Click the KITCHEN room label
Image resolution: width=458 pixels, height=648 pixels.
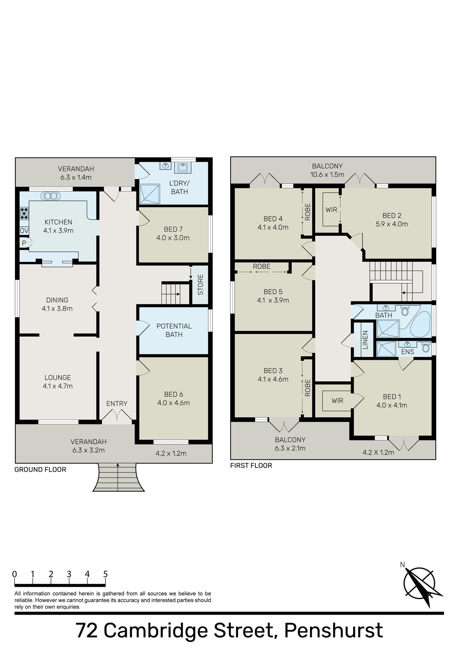[x=58, y=222]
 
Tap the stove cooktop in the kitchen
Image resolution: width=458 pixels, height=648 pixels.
[x=25, y=214]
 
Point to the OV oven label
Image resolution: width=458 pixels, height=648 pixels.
[x=24, y=231]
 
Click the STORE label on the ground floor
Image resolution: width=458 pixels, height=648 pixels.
[x=200, y=285]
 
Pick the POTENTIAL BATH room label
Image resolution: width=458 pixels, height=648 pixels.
[x=174, y=330]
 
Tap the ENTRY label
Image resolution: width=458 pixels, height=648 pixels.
[x=117, y=404]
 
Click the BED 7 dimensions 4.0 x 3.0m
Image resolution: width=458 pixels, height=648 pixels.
[x=173, y=238]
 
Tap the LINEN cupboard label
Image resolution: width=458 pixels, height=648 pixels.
[x=365, y=340]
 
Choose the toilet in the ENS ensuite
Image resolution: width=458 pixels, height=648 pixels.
[x=426, y=347]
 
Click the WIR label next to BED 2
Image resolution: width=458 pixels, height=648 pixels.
[x=331, y=210]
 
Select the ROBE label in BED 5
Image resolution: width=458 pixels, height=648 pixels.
[x=261, y=266]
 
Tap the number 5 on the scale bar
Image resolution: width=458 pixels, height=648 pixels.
[x=105, y=574]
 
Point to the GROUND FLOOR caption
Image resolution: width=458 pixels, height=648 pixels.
[x=40, y=469]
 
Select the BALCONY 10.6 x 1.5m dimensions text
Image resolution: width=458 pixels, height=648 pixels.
[x=327, y=174]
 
